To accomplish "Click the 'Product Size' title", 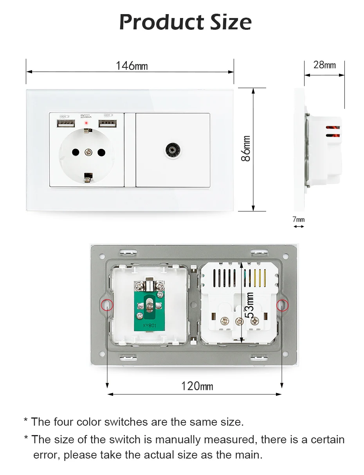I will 185,22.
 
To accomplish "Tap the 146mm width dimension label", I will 132,65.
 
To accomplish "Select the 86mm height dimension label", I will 246,148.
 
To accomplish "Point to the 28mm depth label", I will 324,65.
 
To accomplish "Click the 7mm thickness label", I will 299,219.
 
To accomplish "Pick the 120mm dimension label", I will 197,386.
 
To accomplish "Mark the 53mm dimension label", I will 249,305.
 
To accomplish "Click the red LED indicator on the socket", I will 86,123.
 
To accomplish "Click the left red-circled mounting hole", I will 106,305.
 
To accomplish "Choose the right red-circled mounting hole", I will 282,305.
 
